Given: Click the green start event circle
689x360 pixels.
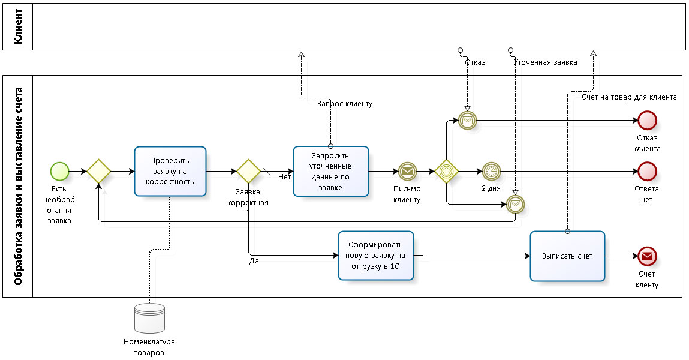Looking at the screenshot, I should tap(60, 171).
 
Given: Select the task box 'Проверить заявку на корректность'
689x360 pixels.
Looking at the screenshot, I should tap(170, 171).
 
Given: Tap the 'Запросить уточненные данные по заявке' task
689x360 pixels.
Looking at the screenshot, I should tap(330, 171).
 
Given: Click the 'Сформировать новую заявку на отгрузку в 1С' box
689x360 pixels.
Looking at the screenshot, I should tap(376, 256).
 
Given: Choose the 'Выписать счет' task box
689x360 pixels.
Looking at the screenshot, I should tap(567, 256).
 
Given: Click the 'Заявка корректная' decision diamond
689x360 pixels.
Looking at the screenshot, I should tap(248, 171).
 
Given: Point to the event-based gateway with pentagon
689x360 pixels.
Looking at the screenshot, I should tap(447, 171).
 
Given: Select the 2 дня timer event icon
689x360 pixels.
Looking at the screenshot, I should tap(491, 171).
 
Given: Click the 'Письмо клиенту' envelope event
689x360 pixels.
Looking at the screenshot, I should tap(407, 171).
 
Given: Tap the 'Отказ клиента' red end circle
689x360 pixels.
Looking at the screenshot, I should tap(648, 121).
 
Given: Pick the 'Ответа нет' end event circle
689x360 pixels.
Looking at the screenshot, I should tap(648, 171).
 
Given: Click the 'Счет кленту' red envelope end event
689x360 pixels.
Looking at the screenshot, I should tap(648, 256).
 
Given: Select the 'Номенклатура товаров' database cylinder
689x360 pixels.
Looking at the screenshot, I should tap(150, 318).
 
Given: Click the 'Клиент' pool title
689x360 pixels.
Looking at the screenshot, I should tap(18, 26).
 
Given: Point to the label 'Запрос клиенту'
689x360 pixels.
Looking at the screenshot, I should tap(345, 104).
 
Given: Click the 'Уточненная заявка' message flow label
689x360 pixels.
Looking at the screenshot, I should tap(546, 62).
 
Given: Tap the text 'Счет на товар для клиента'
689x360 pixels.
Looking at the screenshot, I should tap(629, 97).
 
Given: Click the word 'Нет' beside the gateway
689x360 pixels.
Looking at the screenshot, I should tap(284, 177).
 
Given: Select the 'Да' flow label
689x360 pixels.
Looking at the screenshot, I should tap(254, 262).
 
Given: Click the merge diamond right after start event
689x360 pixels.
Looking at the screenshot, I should tap(98, 171).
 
